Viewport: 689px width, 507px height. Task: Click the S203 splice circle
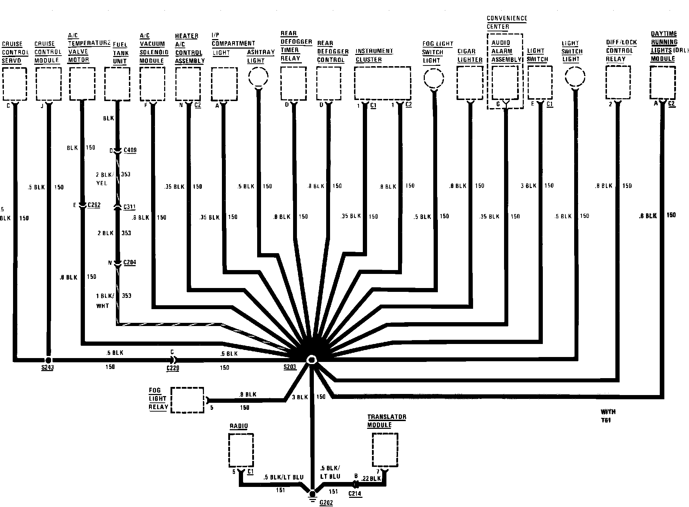(311, 359)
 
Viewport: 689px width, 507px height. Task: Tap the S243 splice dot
(48, 360)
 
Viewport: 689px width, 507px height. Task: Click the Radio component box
(241, 450)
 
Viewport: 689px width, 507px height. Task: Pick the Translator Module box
(385, 450)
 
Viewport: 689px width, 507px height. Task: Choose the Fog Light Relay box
(187, 400)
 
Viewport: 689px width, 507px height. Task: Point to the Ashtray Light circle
(259, 76)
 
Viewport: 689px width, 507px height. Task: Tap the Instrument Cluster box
(383, 83)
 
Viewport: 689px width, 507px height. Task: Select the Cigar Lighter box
(470, 83)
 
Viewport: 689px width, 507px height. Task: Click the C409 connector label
(130, 150)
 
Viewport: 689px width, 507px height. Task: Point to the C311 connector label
(129, 207)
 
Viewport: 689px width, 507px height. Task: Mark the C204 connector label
(130, 263)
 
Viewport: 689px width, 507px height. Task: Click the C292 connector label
(94, 205)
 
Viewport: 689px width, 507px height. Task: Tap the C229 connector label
(173, 369)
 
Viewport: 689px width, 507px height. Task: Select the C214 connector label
(355, 494)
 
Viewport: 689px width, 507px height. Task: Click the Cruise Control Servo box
(14, 84)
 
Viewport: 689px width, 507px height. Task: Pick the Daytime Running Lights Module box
(663, 83)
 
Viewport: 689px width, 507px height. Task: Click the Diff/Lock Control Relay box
(618, 83)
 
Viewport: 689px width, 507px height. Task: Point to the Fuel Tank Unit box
(117, 84)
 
